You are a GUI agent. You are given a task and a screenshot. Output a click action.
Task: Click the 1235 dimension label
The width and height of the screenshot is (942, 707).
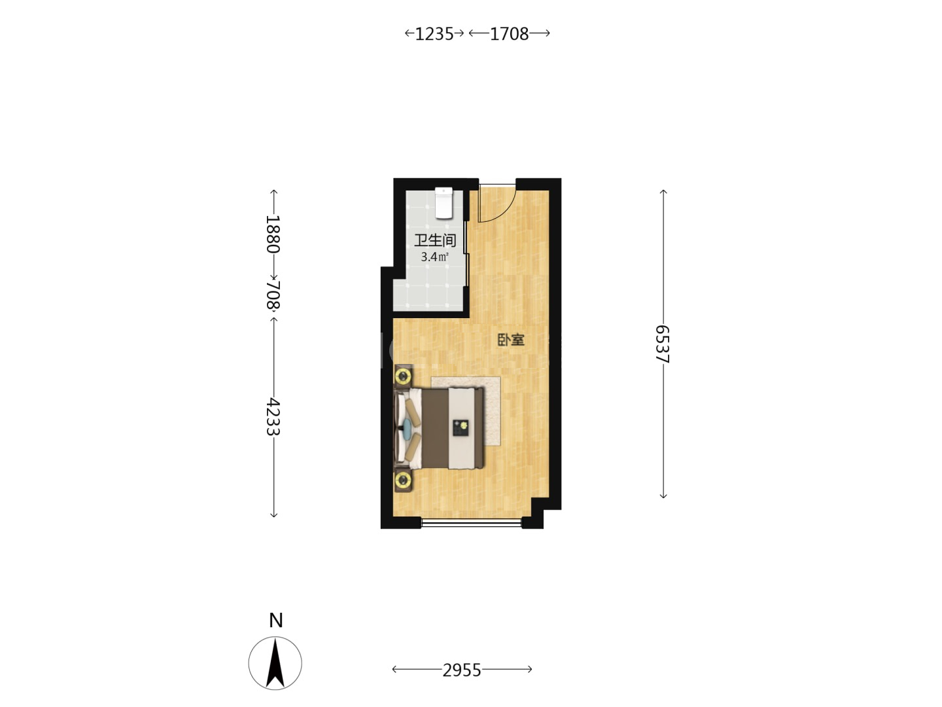click(x=434, y=34)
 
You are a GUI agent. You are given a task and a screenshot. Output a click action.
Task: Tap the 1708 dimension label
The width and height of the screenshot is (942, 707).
click(x=509, y=34)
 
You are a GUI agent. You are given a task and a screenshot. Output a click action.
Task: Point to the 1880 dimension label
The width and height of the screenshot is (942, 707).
click(x=273, y=234)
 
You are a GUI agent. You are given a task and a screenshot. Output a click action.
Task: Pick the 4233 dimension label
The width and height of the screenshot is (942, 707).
click(x=273, y=417)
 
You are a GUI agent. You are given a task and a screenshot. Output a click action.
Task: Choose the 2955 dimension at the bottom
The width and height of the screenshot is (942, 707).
click(x=462, y=670)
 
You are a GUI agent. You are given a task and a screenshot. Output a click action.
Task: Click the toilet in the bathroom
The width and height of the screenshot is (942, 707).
click(x=444, y=203)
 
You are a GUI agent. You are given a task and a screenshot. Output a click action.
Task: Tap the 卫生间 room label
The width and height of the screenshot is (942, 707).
click(x=435, y=240)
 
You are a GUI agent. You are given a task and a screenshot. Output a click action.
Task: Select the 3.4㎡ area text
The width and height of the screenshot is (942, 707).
click(x=434, y=257)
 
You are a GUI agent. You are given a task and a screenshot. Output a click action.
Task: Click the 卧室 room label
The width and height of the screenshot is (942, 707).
click(x=511, y=340)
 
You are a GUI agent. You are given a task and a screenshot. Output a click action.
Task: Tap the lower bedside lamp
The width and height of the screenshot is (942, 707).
click(x=403, y=480)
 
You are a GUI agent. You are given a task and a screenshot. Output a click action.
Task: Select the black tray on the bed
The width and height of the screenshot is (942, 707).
click(x=461, y=427)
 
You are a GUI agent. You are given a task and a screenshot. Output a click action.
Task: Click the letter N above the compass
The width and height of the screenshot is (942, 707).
click(x=275, y=621)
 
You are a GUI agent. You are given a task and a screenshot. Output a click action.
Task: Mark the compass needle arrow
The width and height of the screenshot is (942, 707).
click(x=275, y=663)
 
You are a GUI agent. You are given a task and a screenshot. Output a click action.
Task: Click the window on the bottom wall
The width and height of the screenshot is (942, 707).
click(x=471, y=522)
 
